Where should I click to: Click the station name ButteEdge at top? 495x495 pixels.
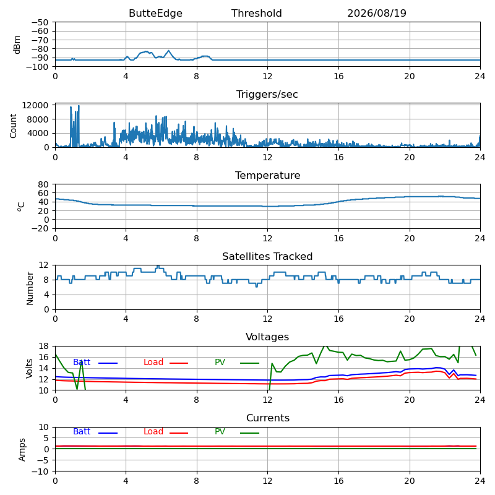(155, 13)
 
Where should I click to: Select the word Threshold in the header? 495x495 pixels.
(256, 13)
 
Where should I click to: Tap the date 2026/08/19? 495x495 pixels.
(377, 13)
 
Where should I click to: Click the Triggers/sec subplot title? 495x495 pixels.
(267, 95)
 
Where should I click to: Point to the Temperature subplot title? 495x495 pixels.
(267, 175)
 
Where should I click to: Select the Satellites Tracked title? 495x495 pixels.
(267, 256)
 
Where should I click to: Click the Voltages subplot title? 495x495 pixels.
(267, 337)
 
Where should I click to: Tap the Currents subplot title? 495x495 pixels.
(268, 418)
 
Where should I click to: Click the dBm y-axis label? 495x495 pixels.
(17, 45)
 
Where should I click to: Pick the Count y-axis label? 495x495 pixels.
(13, 126)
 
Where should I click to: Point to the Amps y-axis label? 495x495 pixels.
(22, 450)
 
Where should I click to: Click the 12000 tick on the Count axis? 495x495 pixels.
(35, 105)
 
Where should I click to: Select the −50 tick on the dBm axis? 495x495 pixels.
(40, 22)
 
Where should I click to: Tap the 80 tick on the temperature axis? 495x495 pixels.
(44, 184)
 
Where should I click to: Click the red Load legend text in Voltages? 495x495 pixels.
(153, 362)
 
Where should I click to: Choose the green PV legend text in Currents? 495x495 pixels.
(220, 431)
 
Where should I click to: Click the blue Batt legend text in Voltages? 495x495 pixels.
(82, 362)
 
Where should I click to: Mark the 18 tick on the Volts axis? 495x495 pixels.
(44, 346)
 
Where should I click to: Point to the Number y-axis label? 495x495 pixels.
(30, 288)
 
